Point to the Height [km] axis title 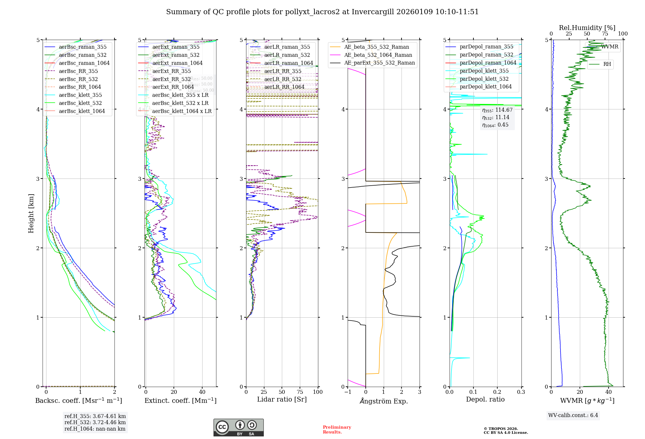click(x=31, y=213)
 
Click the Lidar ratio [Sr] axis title click(x=282, y=400)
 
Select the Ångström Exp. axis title click(x=384, y=401)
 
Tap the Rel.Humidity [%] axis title click(x=587, y=28)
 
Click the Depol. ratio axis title click(x=485, y=400)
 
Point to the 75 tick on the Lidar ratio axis click(x=300, y=392)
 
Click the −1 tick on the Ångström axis click(x=348, y=392)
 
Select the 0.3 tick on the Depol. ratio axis click(x=521, y=392)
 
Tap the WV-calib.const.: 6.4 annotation click(x=573, y=415)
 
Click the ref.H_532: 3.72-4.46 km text click(x=95, y=423)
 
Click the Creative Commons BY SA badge click(x=238, y=428)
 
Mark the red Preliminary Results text click(x=337, y=430)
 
